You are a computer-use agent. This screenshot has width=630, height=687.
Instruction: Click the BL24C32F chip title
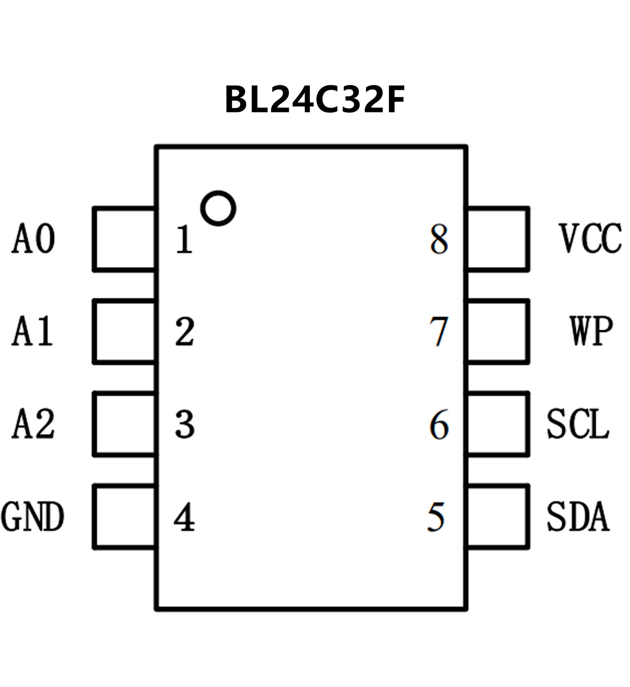(x=315, y=100)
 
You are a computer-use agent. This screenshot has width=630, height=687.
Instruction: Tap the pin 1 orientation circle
(x=218, y=208)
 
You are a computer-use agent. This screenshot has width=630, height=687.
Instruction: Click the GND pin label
(x=32, y=516)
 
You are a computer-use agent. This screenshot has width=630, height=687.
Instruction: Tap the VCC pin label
(x=590, y=239)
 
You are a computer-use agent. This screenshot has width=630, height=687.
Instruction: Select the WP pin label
(x=591, y=331)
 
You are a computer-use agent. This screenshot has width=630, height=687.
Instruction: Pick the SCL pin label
(x=577, y=424)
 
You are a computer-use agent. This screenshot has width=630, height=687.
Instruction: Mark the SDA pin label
(x=577, y=516)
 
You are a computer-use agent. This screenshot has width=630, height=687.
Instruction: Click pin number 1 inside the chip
(x=184, y=240)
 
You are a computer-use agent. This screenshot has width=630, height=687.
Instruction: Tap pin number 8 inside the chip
(x=439, y=240)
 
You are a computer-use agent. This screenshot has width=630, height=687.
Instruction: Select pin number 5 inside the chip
(x=436, y=517)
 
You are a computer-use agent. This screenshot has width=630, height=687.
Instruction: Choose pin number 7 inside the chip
(x=438, y=332)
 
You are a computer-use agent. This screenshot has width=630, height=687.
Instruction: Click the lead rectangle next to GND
(x=124, y=517)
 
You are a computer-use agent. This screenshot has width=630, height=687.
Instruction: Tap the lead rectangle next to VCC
(x=497, y=239)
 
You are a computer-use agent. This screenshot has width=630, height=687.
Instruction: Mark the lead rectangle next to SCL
(x=497, y=424)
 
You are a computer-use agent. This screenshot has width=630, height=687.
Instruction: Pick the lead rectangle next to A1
(x=124, y=331)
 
